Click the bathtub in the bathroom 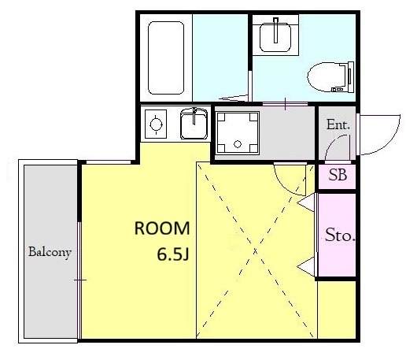166,58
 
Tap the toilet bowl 326,77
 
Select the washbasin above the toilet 275,36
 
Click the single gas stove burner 156,124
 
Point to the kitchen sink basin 194,124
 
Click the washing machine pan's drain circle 238,144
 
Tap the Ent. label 338,124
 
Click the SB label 338,175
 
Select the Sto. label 340,235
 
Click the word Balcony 50,252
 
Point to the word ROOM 162,228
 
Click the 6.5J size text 173,254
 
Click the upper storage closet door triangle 307,202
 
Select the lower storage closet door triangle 307,267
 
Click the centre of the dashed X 255,251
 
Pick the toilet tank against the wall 351,77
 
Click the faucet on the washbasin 275,30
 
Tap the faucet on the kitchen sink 194,116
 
